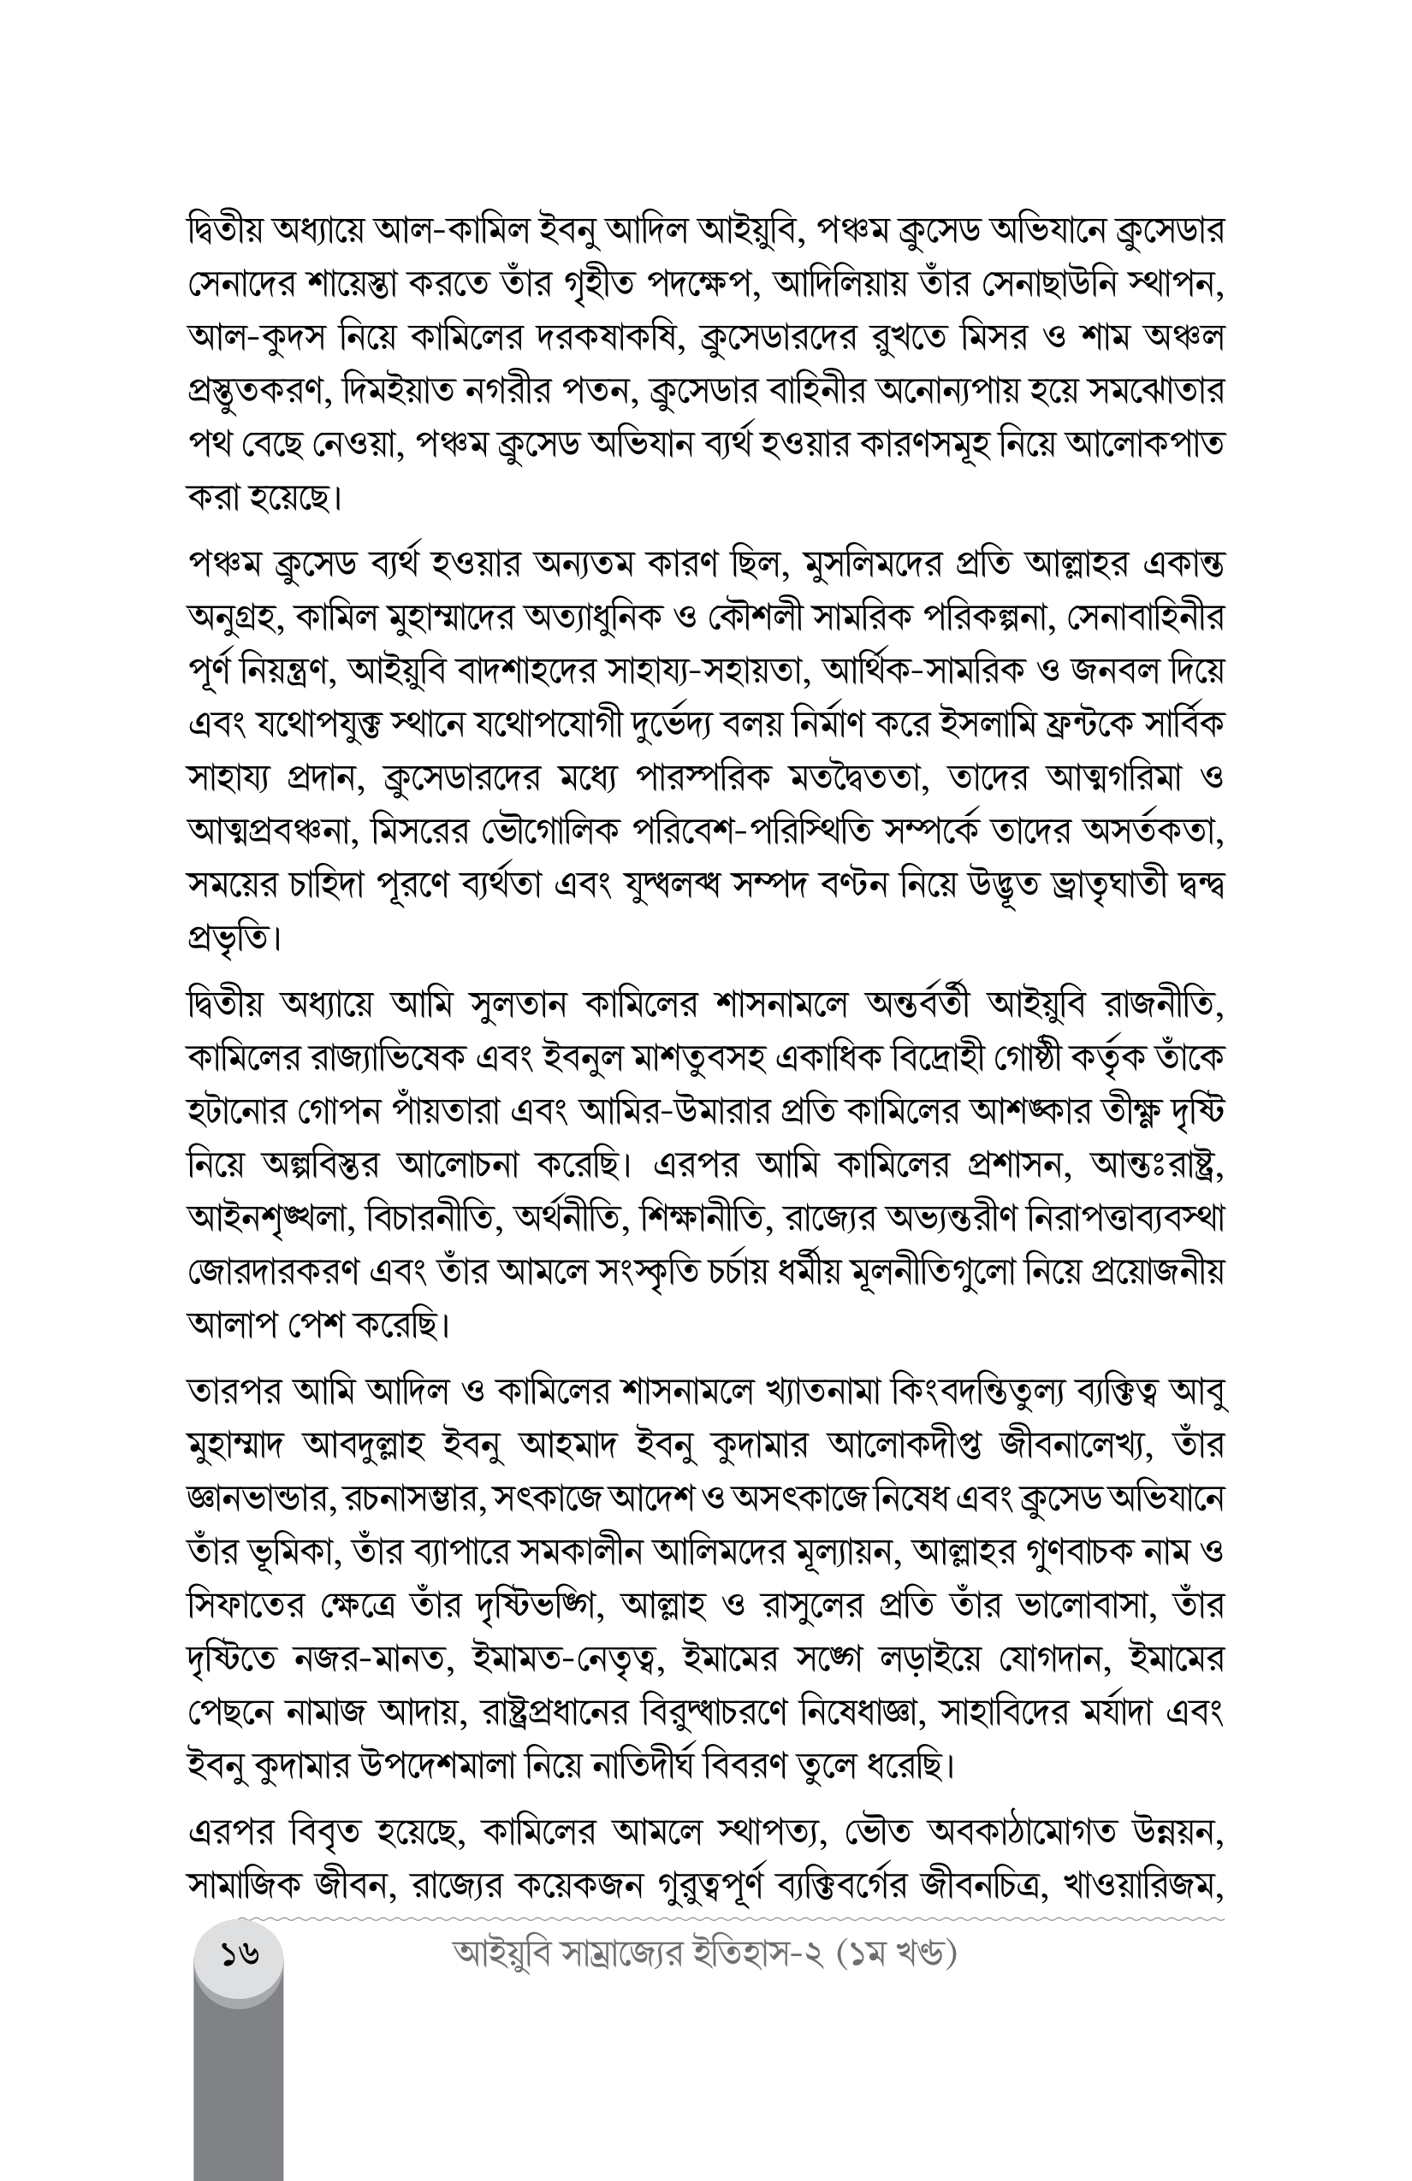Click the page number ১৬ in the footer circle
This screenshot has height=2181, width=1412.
(239, 1955)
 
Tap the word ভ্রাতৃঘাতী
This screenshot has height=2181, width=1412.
(1083, 886)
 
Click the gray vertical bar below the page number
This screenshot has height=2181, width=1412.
(239, 2089)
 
